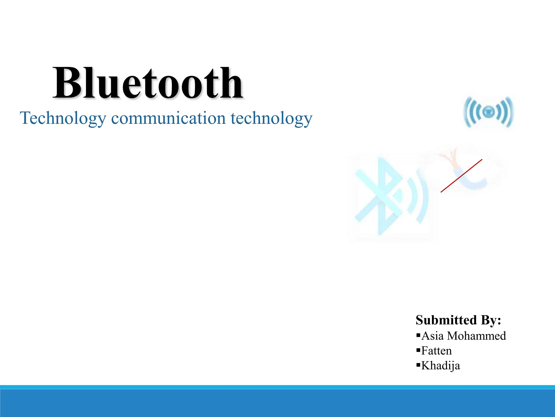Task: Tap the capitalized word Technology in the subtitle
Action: [x=63, y=118]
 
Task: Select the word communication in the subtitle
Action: [x=168, y=118]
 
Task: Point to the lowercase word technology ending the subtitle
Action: [x=272, y=118]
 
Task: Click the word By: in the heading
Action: [x=491, y=320]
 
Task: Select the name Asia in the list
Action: [x=433, y=336]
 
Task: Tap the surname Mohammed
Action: [x=476, y=336]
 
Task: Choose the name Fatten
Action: [x=437, y=351]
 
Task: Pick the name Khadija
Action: [x=441, y=366]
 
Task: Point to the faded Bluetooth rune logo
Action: [x=382, y=195]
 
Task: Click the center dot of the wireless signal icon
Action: [x=488, y=111]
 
